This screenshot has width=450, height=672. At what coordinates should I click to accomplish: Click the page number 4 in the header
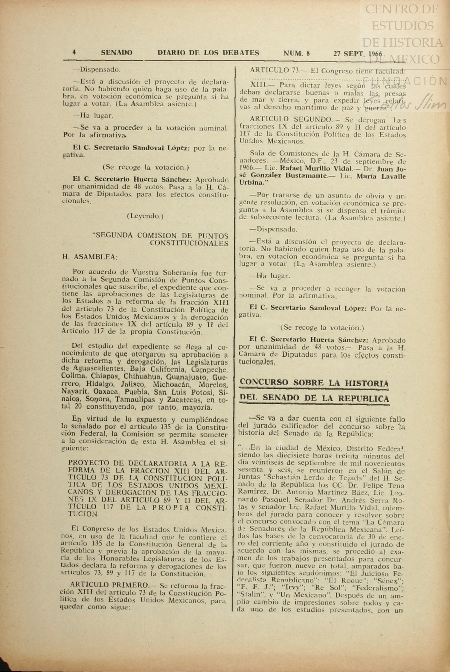[x=74, y=53]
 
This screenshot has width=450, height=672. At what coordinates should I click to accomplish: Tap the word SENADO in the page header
[x=116, y=53]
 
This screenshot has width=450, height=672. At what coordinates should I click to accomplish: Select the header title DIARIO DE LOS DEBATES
[x=208, y=53]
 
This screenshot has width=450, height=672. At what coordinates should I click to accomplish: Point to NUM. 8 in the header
[x=297, y=53]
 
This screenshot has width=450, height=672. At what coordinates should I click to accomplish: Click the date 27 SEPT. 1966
[x=358, y=54]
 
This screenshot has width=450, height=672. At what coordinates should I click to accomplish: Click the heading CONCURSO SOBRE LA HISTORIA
[x=314, y=383]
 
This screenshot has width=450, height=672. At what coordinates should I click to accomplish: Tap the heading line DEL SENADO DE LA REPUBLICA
[x=314, y=398]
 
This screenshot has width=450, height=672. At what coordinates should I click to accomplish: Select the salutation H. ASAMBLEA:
[x=90, y=257]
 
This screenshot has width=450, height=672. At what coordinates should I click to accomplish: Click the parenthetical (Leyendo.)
[x=145, y=216]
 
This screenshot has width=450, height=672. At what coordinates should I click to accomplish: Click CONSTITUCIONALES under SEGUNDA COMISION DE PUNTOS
[x=189, y=243]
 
